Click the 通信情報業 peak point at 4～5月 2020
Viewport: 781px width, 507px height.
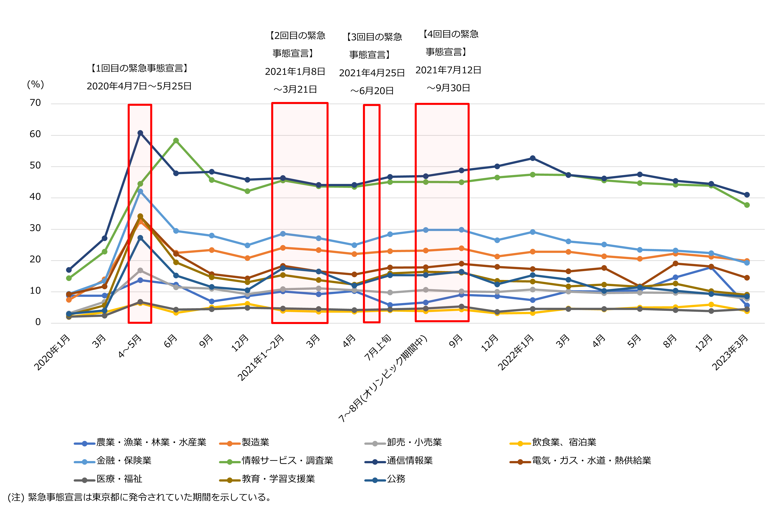[140, 133]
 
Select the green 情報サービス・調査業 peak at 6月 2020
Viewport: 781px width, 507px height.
[176, 140]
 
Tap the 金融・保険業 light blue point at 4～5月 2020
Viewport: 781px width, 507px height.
[140, 191]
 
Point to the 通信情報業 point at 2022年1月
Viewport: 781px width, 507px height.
[533, 158]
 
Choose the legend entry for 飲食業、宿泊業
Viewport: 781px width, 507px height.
[564, 442]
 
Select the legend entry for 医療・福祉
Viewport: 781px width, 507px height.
[119, 479]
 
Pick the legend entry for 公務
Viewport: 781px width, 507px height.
[396, 479]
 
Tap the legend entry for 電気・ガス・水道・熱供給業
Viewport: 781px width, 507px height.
[591, 461]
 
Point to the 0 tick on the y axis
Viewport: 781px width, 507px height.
[38, 322]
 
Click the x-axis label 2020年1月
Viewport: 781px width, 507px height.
[52, 353]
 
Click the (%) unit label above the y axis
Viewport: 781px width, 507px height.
[35, 85]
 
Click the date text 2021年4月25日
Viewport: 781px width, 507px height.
[372, 73]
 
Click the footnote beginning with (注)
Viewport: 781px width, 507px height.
[140, 497]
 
